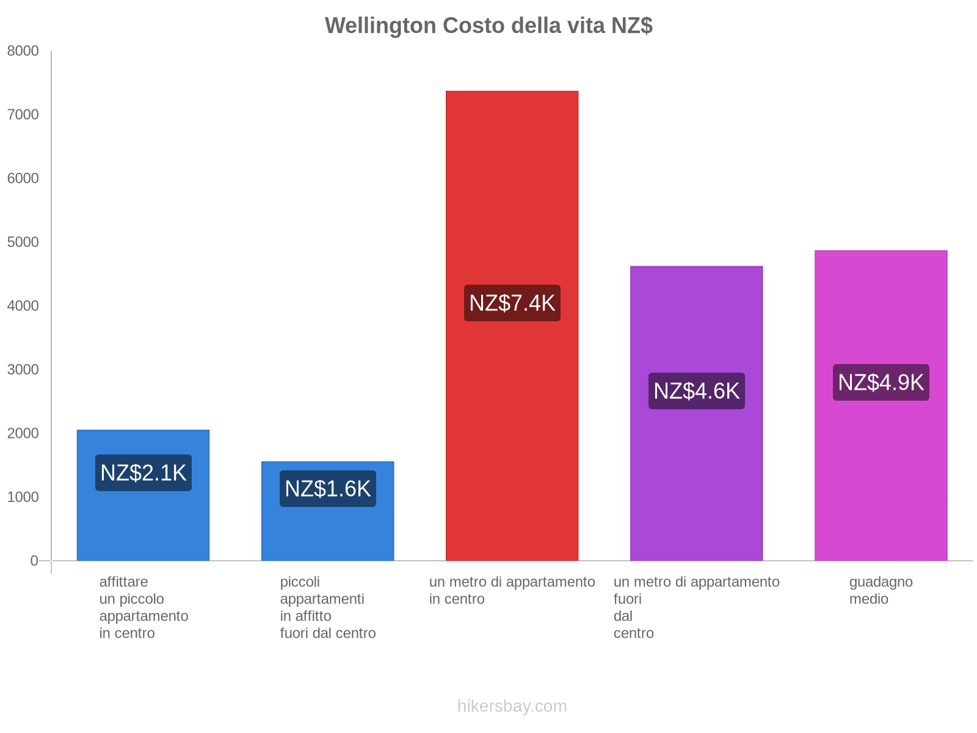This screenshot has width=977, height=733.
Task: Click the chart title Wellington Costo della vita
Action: (x=488, y=26)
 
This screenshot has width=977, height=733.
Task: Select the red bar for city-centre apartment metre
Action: (x=512, y=183)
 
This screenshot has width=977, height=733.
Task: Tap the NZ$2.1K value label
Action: (x=143, y=473)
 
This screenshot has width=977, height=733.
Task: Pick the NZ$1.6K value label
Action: (x=328, y=489)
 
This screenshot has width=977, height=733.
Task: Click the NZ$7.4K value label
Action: (x=512, y=303)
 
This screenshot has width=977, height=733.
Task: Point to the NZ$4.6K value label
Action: (x=696, y=391)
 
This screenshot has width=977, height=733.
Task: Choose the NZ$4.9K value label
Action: (x=881, y=382)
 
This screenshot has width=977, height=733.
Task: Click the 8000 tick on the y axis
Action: (x=23, y=51)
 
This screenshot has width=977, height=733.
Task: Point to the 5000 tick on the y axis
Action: (x=23, y=243)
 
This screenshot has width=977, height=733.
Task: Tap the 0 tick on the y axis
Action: (x=34, y=561)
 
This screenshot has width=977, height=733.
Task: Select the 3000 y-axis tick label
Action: (x=23, y=370)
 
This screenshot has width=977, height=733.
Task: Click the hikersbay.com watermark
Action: (x=512, y=706)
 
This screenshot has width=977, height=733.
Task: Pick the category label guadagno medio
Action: (x=881, y=591)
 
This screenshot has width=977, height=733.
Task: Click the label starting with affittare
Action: (x=143, y=607)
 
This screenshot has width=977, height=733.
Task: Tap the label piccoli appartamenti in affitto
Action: (x=328, y=607)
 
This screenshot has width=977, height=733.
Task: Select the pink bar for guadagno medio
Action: (x=881, y=476)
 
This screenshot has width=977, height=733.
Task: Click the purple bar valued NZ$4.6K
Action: (x=696, y=489)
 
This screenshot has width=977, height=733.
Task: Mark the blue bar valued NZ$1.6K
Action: (x=328, y=531)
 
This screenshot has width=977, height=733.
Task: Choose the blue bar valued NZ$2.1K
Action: (x=143, y=525)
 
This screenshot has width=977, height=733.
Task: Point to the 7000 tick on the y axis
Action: (x=23, y=115)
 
